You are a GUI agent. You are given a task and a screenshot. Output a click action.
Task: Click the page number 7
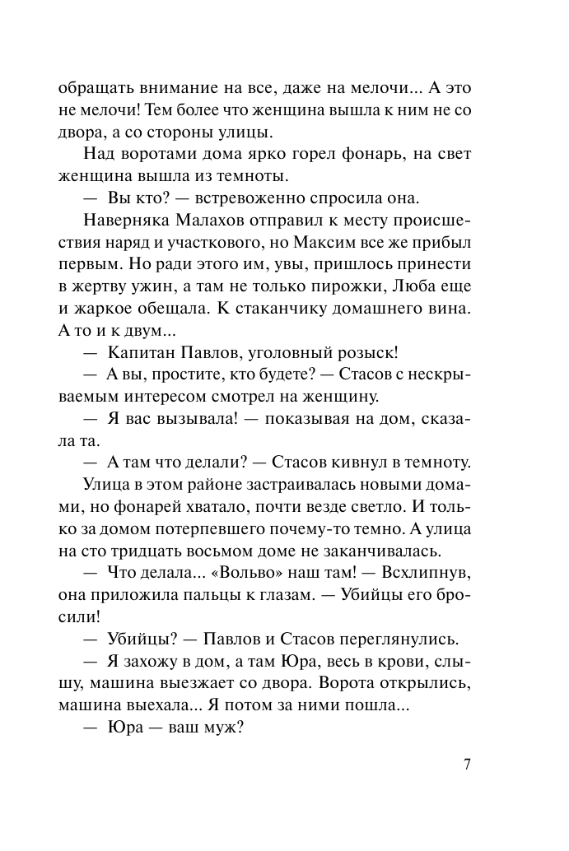point(467,764)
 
